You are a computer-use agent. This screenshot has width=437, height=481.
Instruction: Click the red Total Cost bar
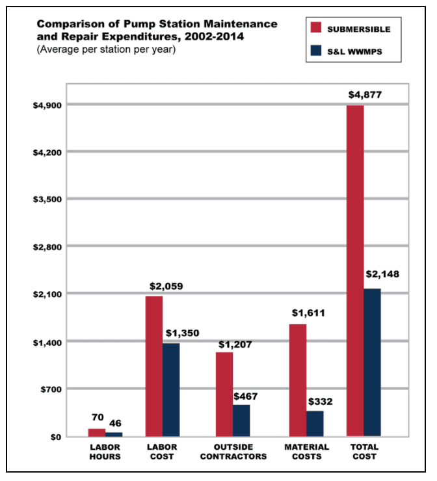[x=355, y=270]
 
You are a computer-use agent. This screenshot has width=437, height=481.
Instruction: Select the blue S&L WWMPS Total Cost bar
[x=372, y=362]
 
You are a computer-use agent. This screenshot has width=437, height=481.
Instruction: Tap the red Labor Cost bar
[x=154, y=365]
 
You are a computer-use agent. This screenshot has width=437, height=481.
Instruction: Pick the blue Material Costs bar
[x=315, y=423]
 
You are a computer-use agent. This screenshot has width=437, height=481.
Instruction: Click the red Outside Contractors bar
[x=224, y=394]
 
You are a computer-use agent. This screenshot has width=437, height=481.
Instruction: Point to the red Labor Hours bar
[x=97, y=432]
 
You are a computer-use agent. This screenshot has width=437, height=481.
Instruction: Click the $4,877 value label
[x=365, y=95]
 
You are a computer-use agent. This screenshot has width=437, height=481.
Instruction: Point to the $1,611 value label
[x=307, y=313]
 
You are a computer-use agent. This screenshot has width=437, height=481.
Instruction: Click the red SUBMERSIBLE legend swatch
[x=316, y=28]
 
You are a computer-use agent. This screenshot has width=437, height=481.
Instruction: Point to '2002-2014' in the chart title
[x=224, y=36]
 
